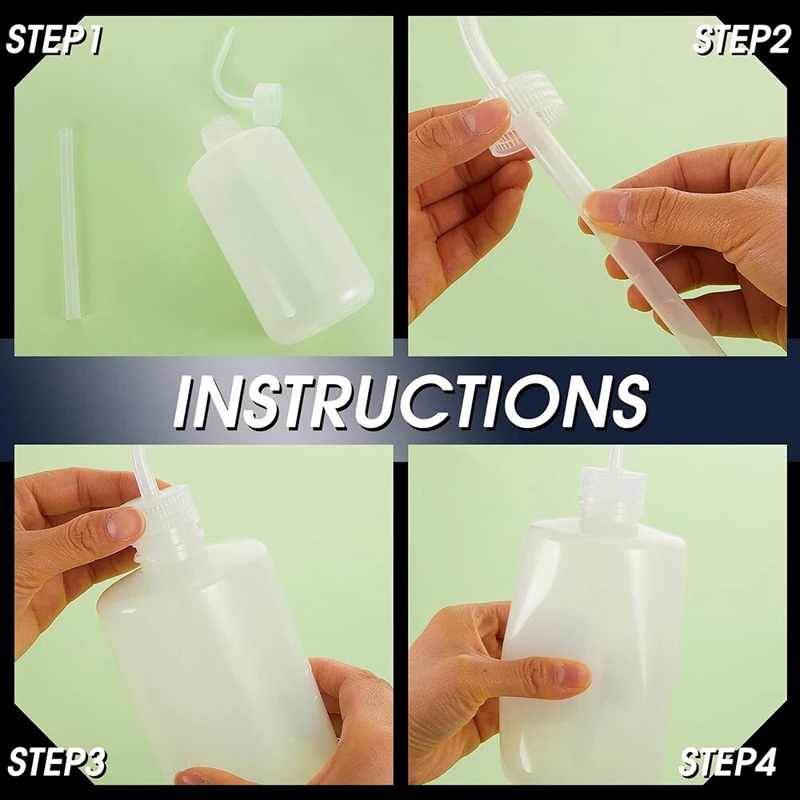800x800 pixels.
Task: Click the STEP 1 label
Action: click(54, 40)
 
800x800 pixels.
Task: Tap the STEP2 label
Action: click(742, 39)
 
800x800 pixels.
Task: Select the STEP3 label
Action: click(57, 762)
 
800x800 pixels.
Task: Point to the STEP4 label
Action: click(728, 762)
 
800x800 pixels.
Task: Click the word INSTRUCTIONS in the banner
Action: click(411, 401)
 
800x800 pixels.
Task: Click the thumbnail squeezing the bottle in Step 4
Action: click(573, 674)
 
